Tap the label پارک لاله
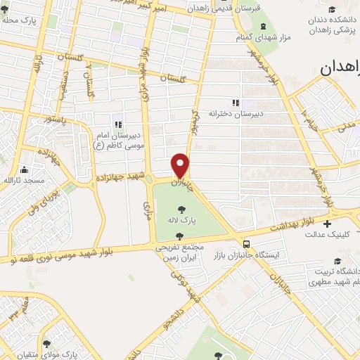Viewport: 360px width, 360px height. [x=181, y=221]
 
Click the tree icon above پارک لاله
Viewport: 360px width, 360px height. [x=182, y=209]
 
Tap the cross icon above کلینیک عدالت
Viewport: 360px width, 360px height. [x=327, y=224]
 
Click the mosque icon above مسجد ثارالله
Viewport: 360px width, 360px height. [x=24, y=169]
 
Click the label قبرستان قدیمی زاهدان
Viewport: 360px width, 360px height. [x=223, y=8]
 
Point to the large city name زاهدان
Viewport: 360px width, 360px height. [x=340, y=67]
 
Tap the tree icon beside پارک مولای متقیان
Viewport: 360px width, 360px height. [x=47, y=344]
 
